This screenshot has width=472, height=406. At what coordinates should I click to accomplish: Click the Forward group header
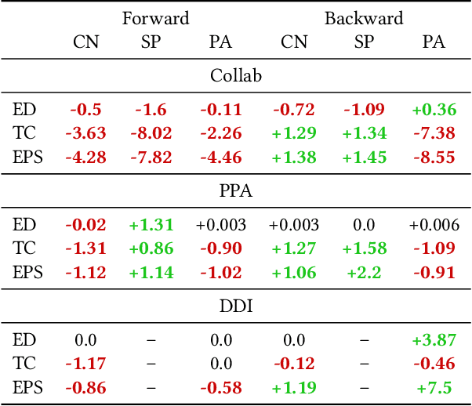point(155,18)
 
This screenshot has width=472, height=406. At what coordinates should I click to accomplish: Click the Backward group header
point(364,18)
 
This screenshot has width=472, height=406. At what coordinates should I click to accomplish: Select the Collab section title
point(236,76)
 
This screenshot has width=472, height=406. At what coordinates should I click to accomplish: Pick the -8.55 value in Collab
point(434,157)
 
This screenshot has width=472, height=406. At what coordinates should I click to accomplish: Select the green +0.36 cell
point(434,110)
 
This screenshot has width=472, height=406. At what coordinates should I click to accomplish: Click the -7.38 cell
point(434,133)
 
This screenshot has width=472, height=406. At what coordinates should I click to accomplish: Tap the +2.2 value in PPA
point(364,272)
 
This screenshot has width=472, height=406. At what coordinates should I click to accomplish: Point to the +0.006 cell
point(434,226)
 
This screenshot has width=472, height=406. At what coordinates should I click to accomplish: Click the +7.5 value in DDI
point(434,387)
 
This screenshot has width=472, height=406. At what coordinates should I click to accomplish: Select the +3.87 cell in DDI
point(434,341)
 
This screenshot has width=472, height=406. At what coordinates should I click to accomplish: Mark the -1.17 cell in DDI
point(86,364)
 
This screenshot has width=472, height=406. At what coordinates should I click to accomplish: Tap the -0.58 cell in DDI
point(221,387)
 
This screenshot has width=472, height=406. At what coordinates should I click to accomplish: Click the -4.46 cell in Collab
point(221,157)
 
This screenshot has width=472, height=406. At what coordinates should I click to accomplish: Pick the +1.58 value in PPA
point(364,248)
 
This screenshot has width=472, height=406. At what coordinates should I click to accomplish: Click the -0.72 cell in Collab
point(294,110)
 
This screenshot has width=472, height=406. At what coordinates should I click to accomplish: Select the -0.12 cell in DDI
point(294,364)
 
